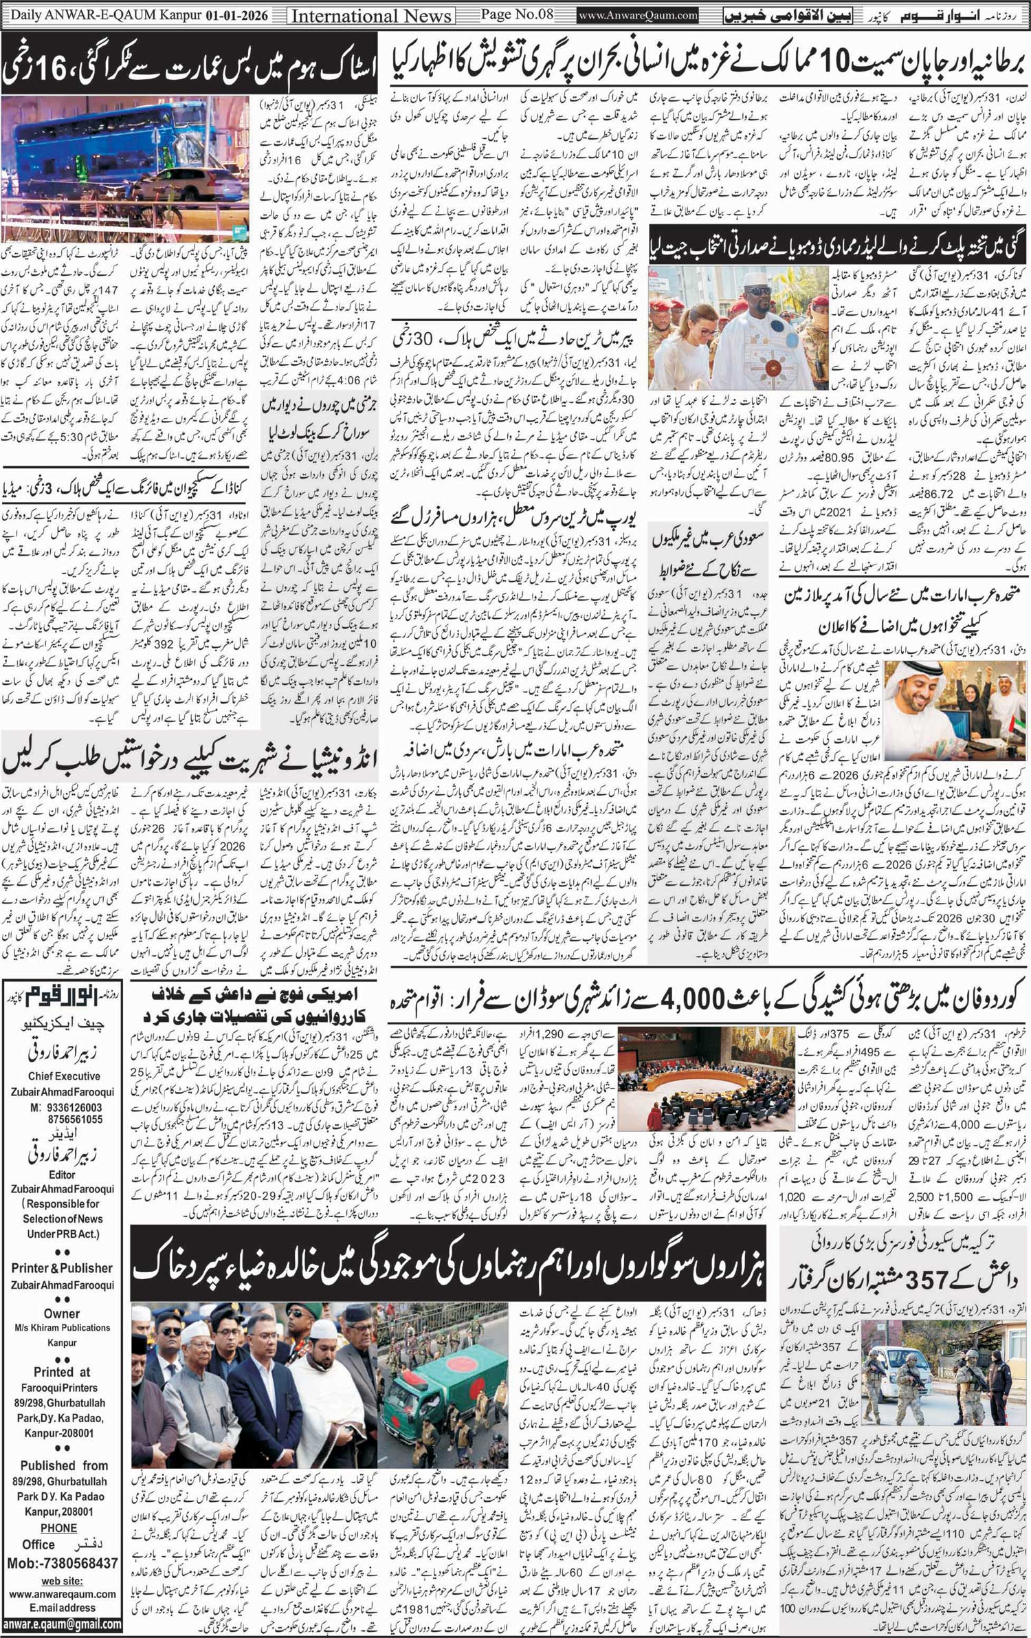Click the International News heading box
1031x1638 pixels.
[x=371, y=15]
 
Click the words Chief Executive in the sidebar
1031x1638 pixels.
[x=64, y=1076]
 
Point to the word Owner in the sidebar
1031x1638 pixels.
[x=62, y=1313]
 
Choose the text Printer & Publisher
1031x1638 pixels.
[x=62, y=1267]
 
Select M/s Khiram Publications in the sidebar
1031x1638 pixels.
[x=62, y=1328]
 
